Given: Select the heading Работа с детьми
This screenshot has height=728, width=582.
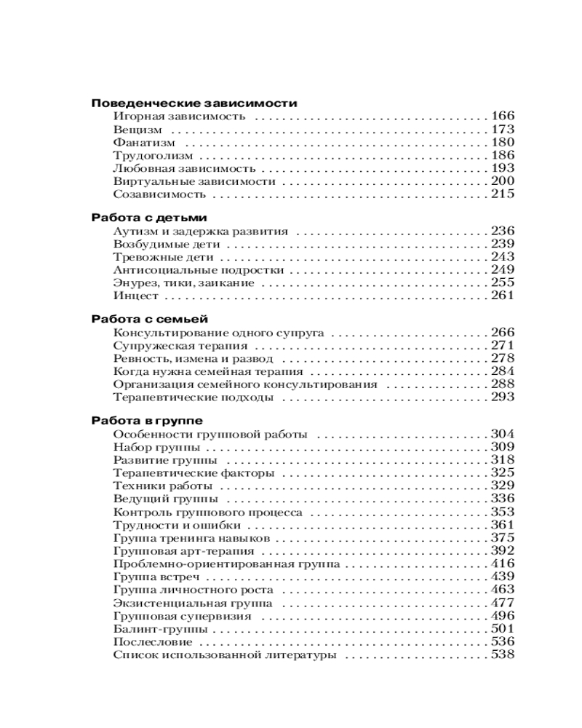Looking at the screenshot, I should tap(149, 218).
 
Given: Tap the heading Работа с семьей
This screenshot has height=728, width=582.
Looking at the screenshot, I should tap(150, 319).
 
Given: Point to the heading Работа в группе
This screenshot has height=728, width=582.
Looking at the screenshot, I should tap(147, 421).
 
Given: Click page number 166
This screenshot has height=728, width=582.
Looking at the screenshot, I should tap(503, 116).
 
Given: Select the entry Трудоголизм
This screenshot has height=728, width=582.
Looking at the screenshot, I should tap(154, 155).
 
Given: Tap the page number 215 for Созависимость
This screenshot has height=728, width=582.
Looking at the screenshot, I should tap(503, 194).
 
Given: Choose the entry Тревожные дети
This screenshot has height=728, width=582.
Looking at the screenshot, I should tap(164, 257).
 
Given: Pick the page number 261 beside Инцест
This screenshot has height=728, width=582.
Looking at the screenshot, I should tap(503, 296).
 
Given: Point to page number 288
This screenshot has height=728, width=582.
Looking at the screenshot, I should tap(503, 384).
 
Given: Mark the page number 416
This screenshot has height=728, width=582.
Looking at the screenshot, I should tap(503, 563).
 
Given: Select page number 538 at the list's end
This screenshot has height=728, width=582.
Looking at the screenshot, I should tap(503, 655).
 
